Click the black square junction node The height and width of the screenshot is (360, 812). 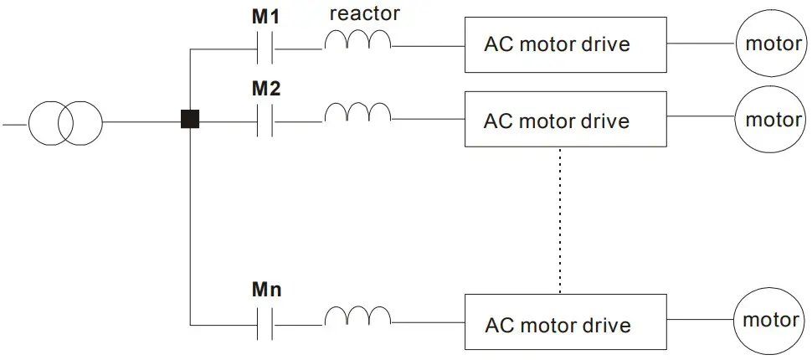[x=191, y=120]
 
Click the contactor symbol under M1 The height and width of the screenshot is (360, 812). [x=265, y=49]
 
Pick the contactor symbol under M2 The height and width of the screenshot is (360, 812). [x=265, y=121]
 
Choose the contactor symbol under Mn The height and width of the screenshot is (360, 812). [x=265, y=322]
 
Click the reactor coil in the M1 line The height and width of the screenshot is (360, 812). [x=358, y=42]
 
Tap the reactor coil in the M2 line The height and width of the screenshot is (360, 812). [x=358, y=113]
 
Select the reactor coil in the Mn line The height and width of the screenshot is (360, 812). [x=358, y=316]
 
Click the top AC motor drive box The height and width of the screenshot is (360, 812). [x=567, y=44]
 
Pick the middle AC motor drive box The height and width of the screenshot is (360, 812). [x=567, y=121]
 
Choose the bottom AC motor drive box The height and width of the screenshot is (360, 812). [x=567, y=321]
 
